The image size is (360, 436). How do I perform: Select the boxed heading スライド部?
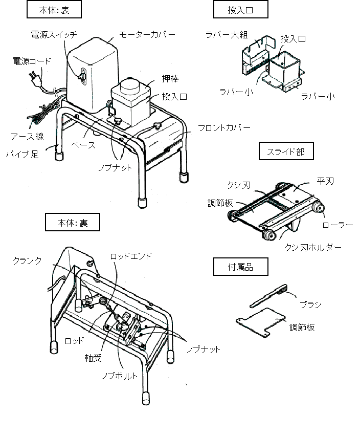point(285,151)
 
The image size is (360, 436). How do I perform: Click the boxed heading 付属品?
point(240,266)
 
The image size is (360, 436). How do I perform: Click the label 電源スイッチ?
point(54,35)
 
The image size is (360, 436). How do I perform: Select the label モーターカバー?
point(147,34)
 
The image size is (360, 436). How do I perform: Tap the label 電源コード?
point(32,61)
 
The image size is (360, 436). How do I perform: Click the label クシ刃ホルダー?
point(313,247)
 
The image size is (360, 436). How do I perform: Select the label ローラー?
point(338,225)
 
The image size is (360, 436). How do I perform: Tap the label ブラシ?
point(310,304)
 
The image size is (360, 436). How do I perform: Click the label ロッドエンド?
point(131,256)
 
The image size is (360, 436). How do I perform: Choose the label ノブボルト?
point(119,376)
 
